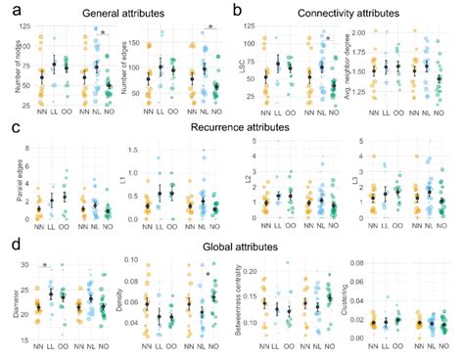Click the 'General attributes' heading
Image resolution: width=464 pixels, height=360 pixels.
click(x=114, y=13)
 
